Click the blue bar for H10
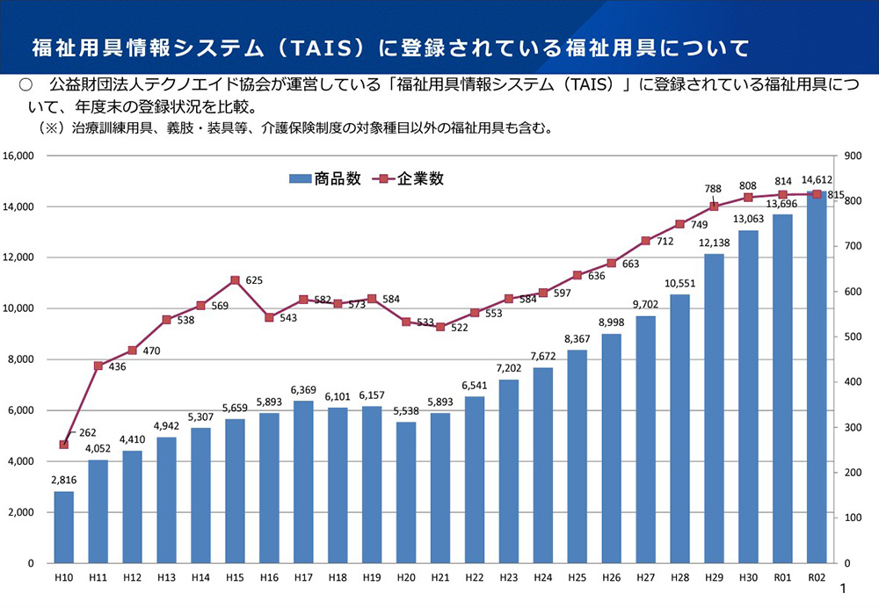63,526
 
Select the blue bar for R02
817,378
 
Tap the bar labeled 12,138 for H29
714,409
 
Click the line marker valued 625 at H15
235,280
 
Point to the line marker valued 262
63,445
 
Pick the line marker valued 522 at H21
440,327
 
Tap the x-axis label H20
406,578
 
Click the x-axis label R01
782,578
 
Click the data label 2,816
63,480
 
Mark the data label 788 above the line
713,188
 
